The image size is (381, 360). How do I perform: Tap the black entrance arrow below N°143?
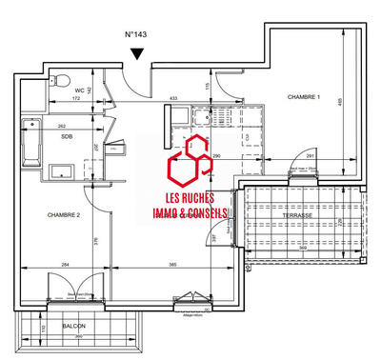tap(140, 55)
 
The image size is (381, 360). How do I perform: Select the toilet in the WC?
tap(62, 80)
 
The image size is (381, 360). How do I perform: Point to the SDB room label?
tap(67, 137)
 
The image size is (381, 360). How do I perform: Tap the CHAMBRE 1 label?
tap(305, 98)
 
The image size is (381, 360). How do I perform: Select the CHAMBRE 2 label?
tap(63, 216)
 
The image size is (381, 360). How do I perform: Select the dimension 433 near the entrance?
tap(174, 98)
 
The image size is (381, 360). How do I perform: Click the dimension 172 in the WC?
tap(76, 98)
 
